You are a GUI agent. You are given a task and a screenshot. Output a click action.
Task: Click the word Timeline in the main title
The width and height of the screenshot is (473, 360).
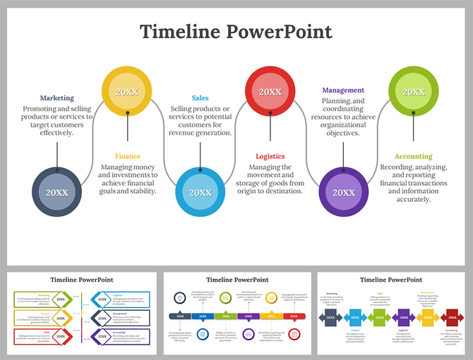pos(179,32)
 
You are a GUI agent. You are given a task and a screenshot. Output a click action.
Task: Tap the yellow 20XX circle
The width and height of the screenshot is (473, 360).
pos(127,92)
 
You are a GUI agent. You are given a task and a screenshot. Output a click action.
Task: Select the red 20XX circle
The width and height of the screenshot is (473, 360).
pos(270,92)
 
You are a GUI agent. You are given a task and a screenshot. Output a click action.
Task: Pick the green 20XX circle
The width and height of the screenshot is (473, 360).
pos(414,92)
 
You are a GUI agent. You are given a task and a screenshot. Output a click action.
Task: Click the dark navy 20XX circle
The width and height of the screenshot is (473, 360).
pos(57,192)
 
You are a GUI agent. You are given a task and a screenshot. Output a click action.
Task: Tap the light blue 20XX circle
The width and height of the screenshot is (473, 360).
pos(200,192)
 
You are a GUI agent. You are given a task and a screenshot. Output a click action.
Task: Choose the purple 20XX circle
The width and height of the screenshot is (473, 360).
pos(344,192)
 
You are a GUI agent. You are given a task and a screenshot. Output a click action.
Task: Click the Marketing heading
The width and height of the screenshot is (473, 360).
pos(56,98)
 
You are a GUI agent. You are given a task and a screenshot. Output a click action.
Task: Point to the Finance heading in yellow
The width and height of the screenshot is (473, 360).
pos(128,156)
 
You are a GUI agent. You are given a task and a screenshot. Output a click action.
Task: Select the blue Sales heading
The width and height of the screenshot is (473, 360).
pos(200,98)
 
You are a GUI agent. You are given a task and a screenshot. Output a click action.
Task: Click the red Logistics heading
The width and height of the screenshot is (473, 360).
pos(270,156)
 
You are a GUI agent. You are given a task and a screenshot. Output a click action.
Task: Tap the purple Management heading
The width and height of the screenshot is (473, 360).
pos(343,90)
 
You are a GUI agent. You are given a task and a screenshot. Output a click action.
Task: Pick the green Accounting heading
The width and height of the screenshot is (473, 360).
pos(414,156)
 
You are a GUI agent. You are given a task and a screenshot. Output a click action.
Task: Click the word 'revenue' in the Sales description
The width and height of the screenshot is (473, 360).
pos(186,133)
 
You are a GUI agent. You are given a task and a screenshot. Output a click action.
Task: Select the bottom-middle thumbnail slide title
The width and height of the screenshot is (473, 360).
pos(236,280)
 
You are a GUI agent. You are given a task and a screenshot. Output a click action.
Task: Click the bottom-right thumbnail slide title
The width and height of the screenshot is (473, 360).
pos(391,280)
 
